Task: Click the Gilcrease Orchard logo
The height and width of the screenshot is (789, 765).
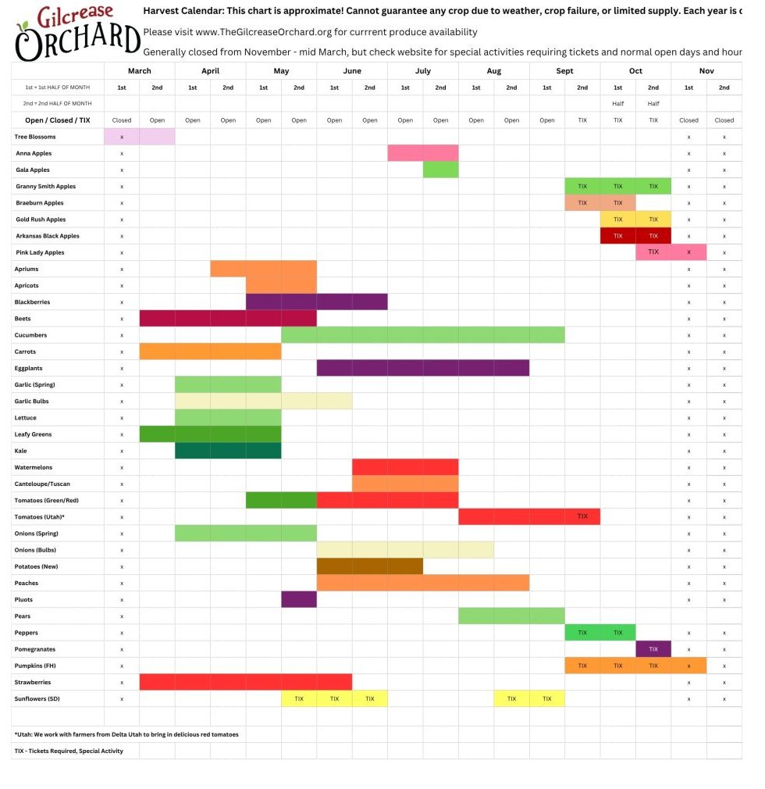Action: tap(76, 33)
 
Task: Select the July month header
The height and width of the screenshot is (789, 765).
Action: tap(422, 70)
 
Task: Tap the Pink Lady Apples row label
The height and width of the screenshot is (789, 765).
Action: tap(41, 252)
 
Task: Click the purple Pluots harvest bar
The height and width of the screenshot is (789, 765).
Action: tap(299, 599)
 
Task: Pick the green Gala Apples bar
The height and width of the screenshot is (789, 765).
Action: tap(440, 170)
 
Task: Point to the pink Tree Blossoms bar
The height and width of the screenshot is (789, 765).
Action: tap(140, 137)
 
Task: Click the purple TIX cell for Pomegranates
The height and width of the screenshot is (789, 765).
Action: tap(653, 649)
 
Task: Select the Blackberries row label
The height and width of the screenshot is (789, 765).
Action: tap(33, 302)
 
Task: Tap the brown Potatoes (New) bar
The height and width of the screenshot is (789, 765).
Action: tap(369, 566)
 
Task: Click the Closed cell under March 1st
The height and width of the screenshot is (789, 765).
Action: tap(122, 120)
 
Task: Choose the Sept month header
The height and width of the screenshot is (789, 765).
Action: tap(564, 70)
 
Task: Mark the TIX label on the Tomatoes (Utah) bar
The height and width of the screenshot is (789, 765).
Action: tap(582, 516)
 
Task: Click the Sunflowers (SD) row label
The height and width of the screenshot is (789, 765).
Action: tap(37, 698)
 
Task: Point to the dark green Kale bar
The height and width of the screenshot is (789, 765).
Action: tap(228, 451)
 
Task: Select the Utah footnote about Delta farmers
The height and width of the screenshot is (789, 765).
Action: tap(126, 734)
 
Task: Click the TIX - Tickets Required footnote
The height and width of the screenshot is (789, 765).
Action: tap(69, 751)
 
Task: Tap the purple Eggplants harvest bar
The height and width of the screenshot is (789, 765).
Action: tap(422, 368)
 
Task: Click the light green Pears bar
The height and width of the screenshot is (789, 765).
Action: tap(511, 616)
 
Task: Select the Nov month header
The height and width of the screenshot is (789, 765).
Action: tap(706, 70)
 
